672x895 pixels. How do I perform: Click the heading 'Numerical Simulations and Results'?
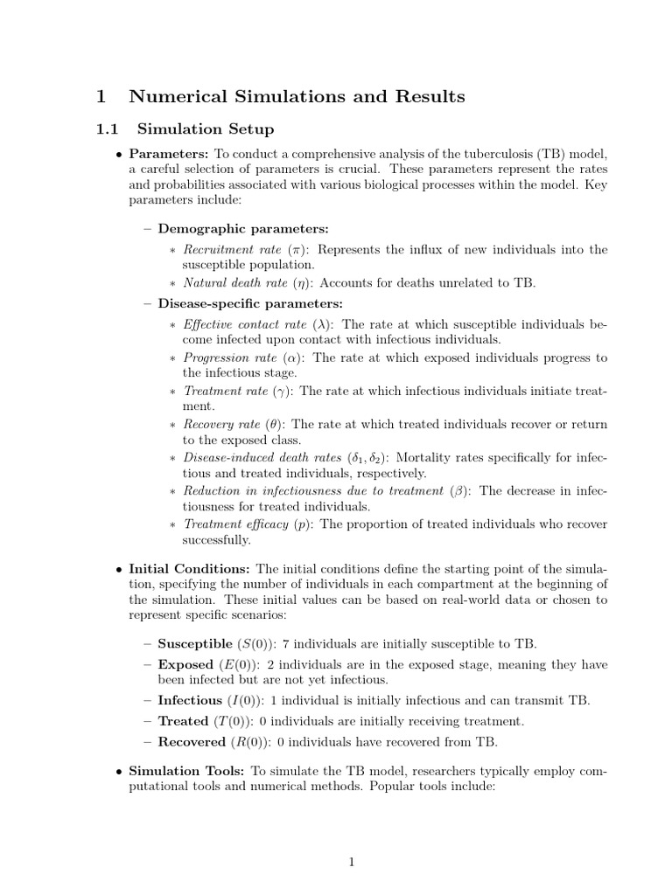pos(297,96)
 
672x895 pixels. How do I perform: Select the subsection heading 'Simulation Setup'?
pos(206,129)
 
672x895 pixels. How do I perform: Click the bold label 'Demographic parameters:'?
pos(243,229)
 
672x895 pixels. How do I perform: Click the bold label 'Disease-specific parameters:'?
pos(250,303)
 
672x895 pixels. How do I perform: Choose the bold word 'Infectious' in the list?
pos(190,701)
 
